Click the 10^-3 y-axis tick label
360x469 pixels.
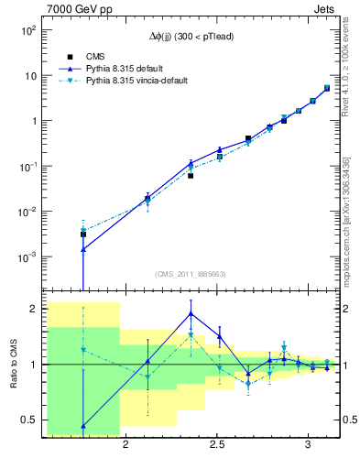pyautogui.click(x=28, y=256)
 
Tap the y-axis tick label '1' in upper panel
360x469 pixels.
pyautogui.click(x=34, y=121)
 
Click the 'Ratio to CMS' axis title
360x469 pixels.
pyautogui.click(x=13, y=365)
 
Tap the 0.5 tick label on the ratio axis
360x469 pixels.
pyautogui.click(x=29, y=420)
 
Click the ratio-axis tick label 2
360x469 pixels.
pyautogui.click(x=34, y=310)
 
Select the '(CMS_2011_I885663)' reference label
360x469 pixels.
pyautogui.click(x=191, y=273)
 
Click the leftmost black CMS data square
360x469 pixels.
pyautogui.click(x=83, y=234)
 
